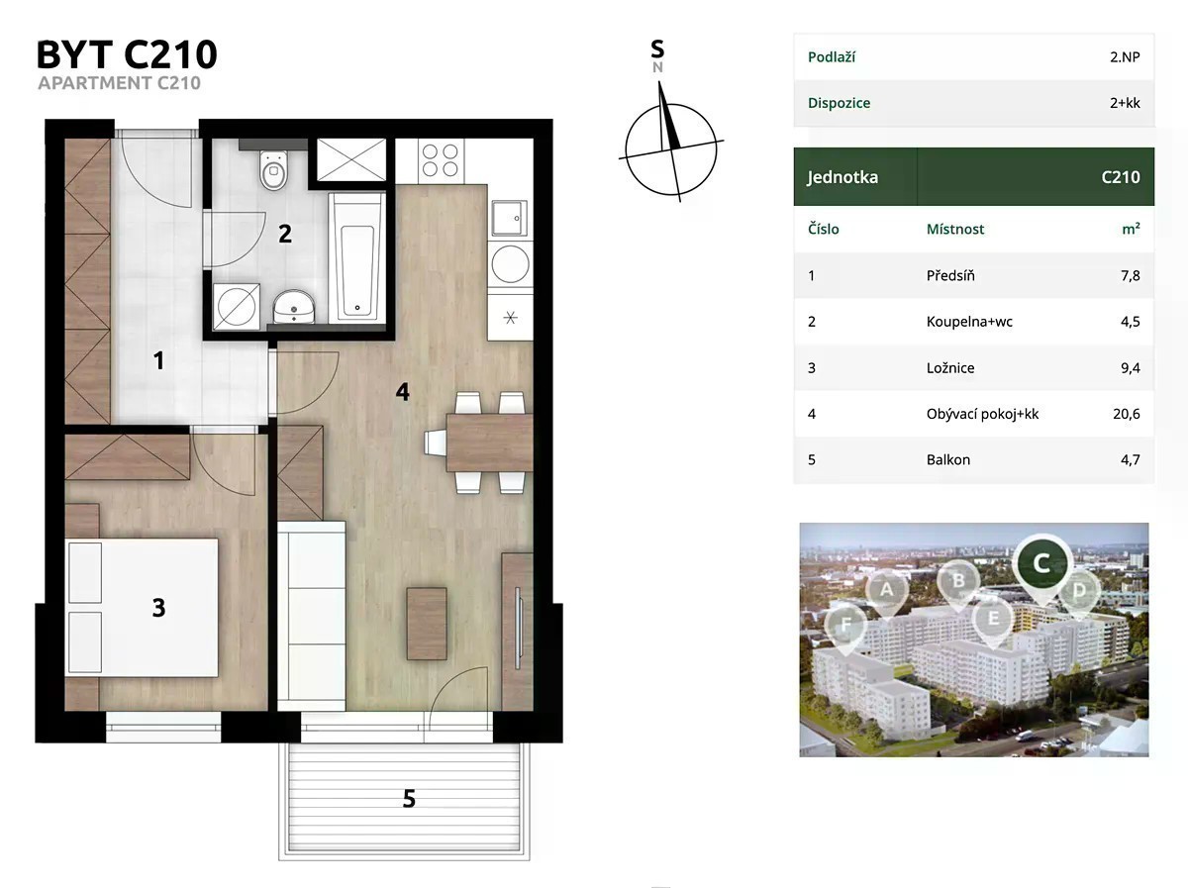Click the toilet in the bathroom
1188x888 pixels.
[x=273, y=170]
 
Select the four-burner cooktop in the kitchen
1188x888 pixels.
[x=440, y=160]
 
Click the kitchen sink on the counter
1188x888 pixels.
[x=509, y=219]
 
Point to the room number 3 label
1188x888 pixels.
[x=158, y=608]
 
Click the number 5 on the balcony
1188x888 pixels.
[x=409, y=799]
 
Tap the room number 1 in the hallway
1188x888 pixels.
[x=158, y=360]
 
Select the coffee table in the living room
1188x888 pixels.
[x=427, y=624]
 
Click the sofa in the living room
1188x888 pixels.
[x=312, y=616]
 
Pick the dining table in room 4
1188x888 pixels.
[x=489, y=443]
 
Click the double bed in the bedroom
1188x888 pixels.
[x=142, y=607]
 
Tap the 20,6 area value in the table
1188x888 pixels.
[x=1127, y=414]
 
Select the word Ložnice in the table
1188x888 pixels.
[x=949, y=368]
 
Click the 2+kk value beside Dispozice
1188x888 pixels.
[x=1125, y=103]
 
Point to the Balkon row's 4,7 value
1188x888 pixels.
[x=1131, y=460]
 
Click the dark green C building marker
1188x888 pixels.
[x=1041, y=564]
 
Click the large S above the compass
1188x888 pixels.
[x=657, y=49]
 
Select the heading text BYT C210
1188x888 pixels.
[x=127, y=54]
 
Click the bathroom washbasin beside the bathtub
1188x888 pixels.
[x=294, y=308]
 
